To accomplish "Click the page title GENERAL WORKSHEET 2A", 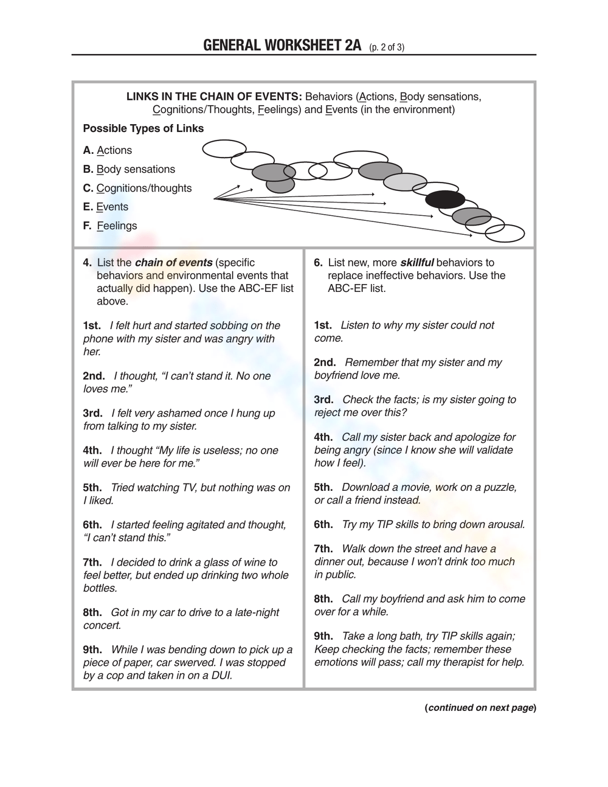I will tap(282, 46).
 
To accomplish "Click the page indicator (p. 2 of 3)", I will tap(386, 47).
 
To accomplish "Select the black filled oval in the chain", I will tap(445, 199).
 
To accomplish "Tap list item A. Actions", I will tap(108, 150).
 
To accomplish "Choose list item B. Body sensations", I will tap(129, 169).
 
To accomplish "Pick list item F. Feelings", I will tap(110, 226).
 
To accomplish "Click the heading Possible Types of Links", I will tap(143, 128).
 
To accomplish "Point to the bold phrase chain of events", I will tap(173, 263).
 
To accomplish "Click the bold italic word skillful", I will tap(416, 263).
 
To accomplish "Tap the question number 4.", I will tap(87, 263).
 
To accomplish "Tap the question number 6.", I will tap(318, 263).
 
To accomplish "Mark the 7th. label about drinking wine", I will tap(92, 562).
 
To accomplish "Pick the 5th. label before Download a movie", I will tap(323, 487).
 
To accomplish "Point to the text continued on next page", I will tap(480, 707).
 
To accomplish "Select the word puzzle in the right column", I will tap(499, 487).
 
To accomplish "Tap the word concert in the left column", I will tap(102, 625).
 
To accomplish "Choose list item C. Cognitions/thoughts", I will tap(137, 188).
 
